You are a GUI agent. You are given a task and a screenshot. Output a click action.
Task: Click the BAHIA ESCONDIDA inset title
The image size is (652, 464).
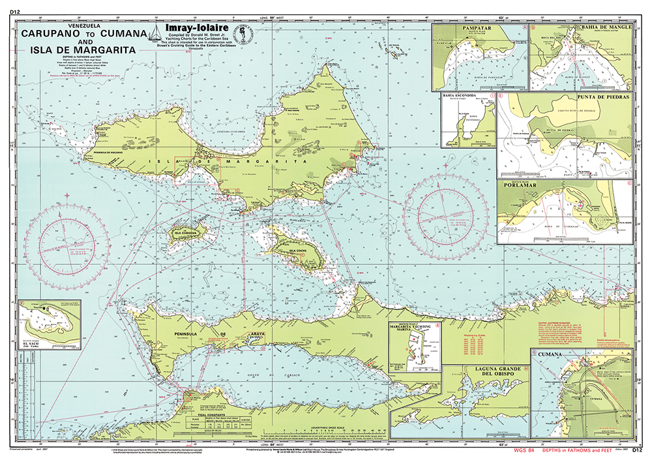click(x=465, y=96)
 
